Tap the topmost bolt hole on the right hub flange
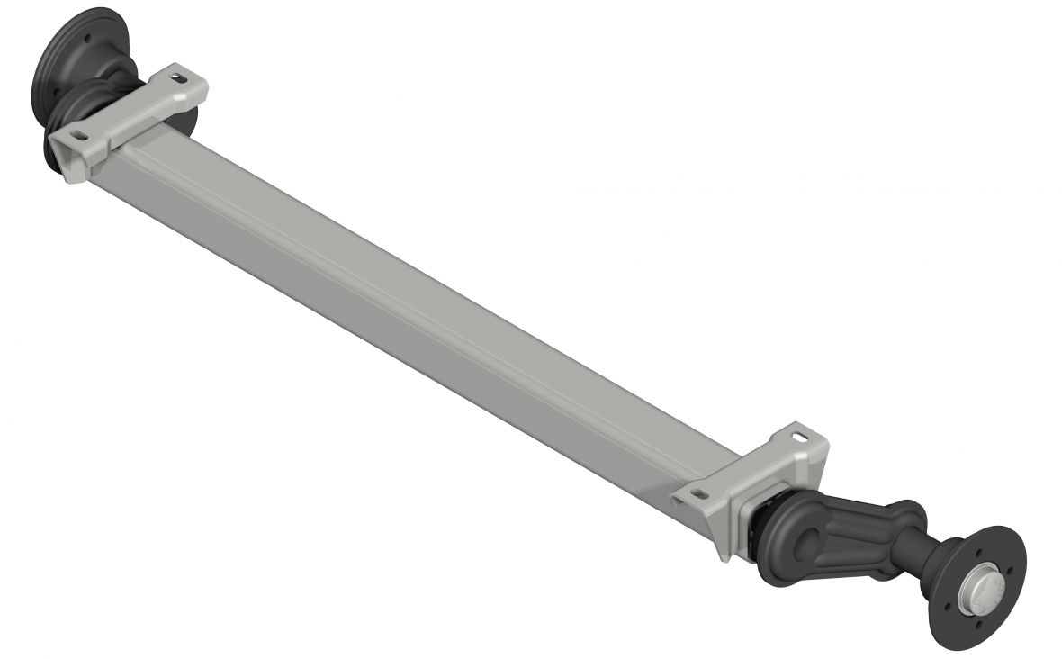[978, 553]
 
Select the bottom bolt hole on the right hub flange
[978, 624]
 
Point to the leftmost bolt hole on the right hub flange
[947, 606]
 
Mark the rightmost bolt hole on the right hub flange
[1010, 570]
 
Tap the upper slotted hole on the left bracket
[179, 78]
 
